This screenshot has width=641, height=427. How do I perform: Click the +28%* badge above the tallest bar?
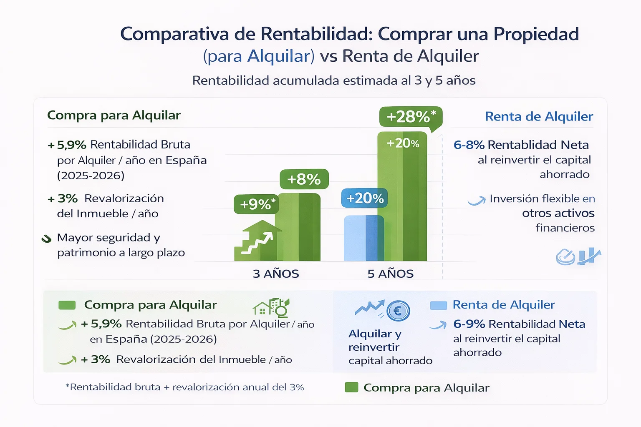(x=411, y=117)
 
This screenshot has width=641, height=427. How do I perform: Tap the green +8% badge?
(x=304, y=179)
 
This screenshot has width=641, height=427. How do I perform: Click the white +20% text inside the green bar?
(x=402, y=143)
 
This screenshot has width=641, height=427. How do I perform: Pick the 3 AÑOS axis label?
(x=276, y=274)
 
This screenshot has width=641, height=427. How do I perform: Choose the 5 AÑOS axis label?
(x=390, y=274)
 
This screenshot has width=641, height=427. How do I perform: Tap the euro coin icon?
(x=398, y=311)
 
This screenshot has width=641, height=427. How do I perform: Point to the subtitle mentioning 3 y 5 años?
(x=334, y=80)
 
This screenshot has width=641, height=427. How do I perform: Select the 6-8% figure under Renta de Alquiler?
(x=469, y=145)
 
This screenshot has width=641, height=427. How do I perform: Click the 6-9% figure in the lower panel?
(x=469, y=324)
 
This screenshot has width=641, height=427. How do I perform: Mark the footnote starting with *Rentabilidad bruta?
(x=185, y=387)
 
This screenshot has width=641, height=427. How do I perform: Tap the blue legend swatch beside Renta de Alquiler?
(x=438, y=306)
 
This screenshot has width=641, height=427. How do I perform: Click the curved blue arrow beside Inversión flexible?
(x=477, y=201)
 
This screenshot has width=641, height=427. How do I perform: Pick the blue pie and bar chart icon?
(x=578, y=256)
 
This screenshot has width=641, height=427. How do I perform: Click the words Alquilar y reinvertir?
(x=374, y=340)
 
